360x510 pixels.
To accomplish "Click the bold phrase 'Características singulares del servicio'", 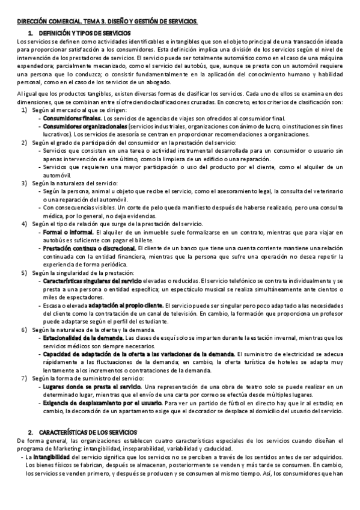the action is point(91,280).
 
